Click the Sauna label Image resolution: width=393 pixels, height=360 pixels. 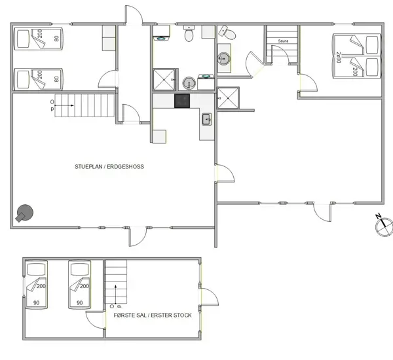[x=283, y=41]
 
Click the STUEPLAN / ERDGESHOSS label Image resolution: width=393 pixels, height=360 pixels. [x=109, y=167]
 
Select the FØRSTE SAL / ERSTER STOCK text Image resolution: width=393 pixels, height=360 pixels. [x=153, y=315]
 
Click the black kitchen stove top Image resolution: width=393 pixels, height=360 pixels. [x=182, y=101]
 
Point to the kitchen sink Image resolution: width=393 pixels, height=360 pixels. [x=207, y=119]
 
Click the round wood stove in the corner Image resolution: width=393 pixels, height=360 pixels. [x=25, y=213]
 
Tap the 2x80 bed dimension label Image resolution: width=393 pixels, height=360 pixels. [x=339, y=57]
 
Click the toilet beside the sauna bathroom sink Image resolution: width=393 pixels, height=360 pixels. [x=227, y=33]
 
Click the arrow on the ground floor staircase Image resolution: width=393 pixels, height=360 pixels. [x=64, y=105]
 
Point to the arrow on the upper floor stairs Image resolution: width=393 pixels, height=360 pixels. [x=115, y=294]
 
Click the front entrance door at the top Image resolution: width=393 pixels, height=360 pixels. [x=134, y=15]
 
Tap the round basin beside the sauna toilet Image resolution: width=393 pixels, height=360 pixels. [x=223, y=59]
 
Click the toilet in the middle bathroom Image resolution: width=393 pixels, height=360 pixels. [x=189, y=33]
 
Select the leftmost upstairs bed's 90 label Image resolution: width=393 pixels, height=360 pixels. [x=36, y=302]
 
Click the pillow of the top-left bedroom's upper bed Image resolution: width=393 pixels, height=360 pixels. [x=23, y=39]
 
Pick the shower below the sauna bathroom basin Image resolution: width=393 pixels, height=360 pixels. [x=228, y=98]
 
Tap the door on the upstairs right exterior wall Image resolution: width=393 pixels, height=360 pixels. [x=210, y=297]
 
